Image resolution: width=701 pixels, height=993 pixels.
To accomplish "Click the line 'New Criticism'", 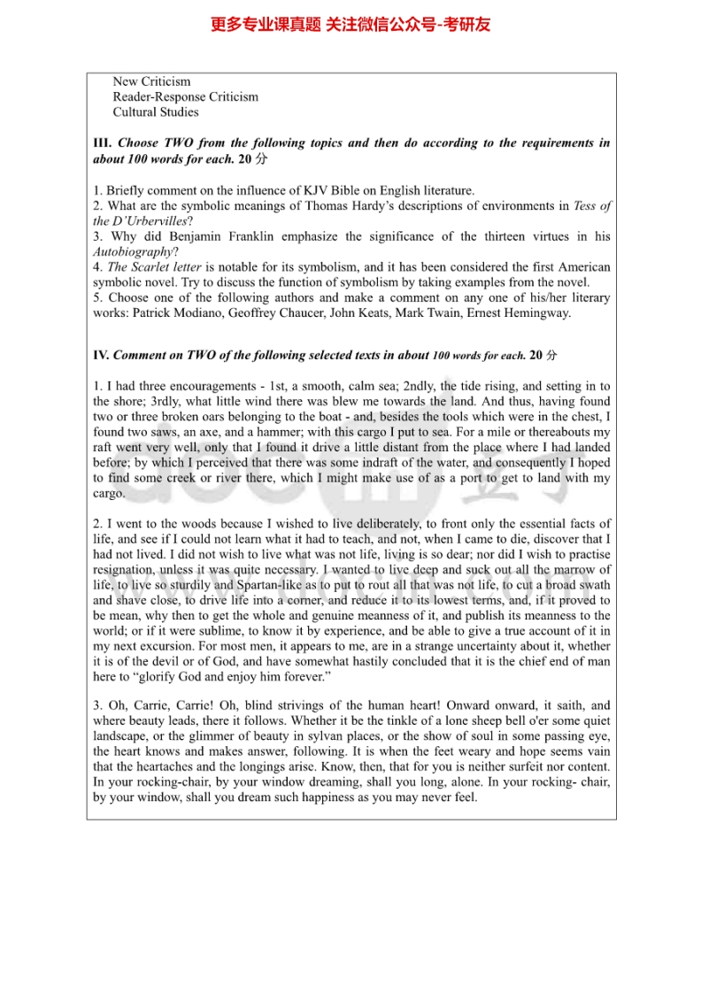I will [151, 81].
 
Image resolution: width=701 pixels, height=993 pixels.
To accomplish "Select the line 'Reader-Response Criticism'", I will [185, 96].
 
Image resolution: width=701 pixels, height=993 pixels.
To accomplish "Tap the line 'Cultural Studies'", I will [156, 112].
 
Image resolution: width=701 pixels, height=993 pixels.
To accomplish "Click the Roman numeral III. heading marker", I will [102, 143].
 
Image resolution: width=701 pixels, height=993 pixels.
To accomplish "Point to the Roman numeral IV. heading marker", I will [101, 356].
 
